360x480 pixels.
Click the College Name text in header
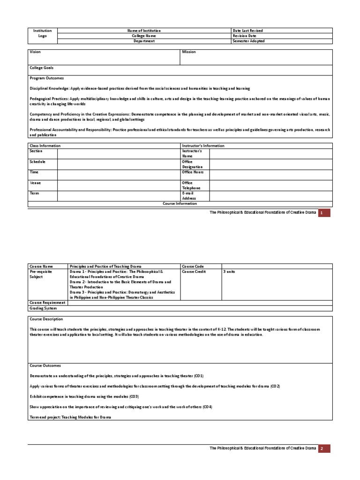tap(144, 36)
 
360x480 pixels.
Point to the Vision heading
tap(36, 52)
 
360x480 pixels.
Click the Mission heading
tap(189, 52)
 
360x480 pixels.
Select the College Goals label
tap(42, 68)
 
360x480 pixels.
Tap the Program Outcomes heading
tap(47, 78)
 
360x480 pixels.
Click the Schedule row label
tap(38, 161)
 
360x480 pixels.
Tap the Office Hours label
tap(193, 172)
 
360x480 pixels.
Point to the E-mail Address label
tap(189, 195)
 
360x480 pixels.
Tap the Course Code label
tap(194, 266)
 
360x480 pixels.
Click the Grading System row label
tap(44, 308)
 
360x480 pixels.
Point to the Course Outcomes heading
tap(45, 365)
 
